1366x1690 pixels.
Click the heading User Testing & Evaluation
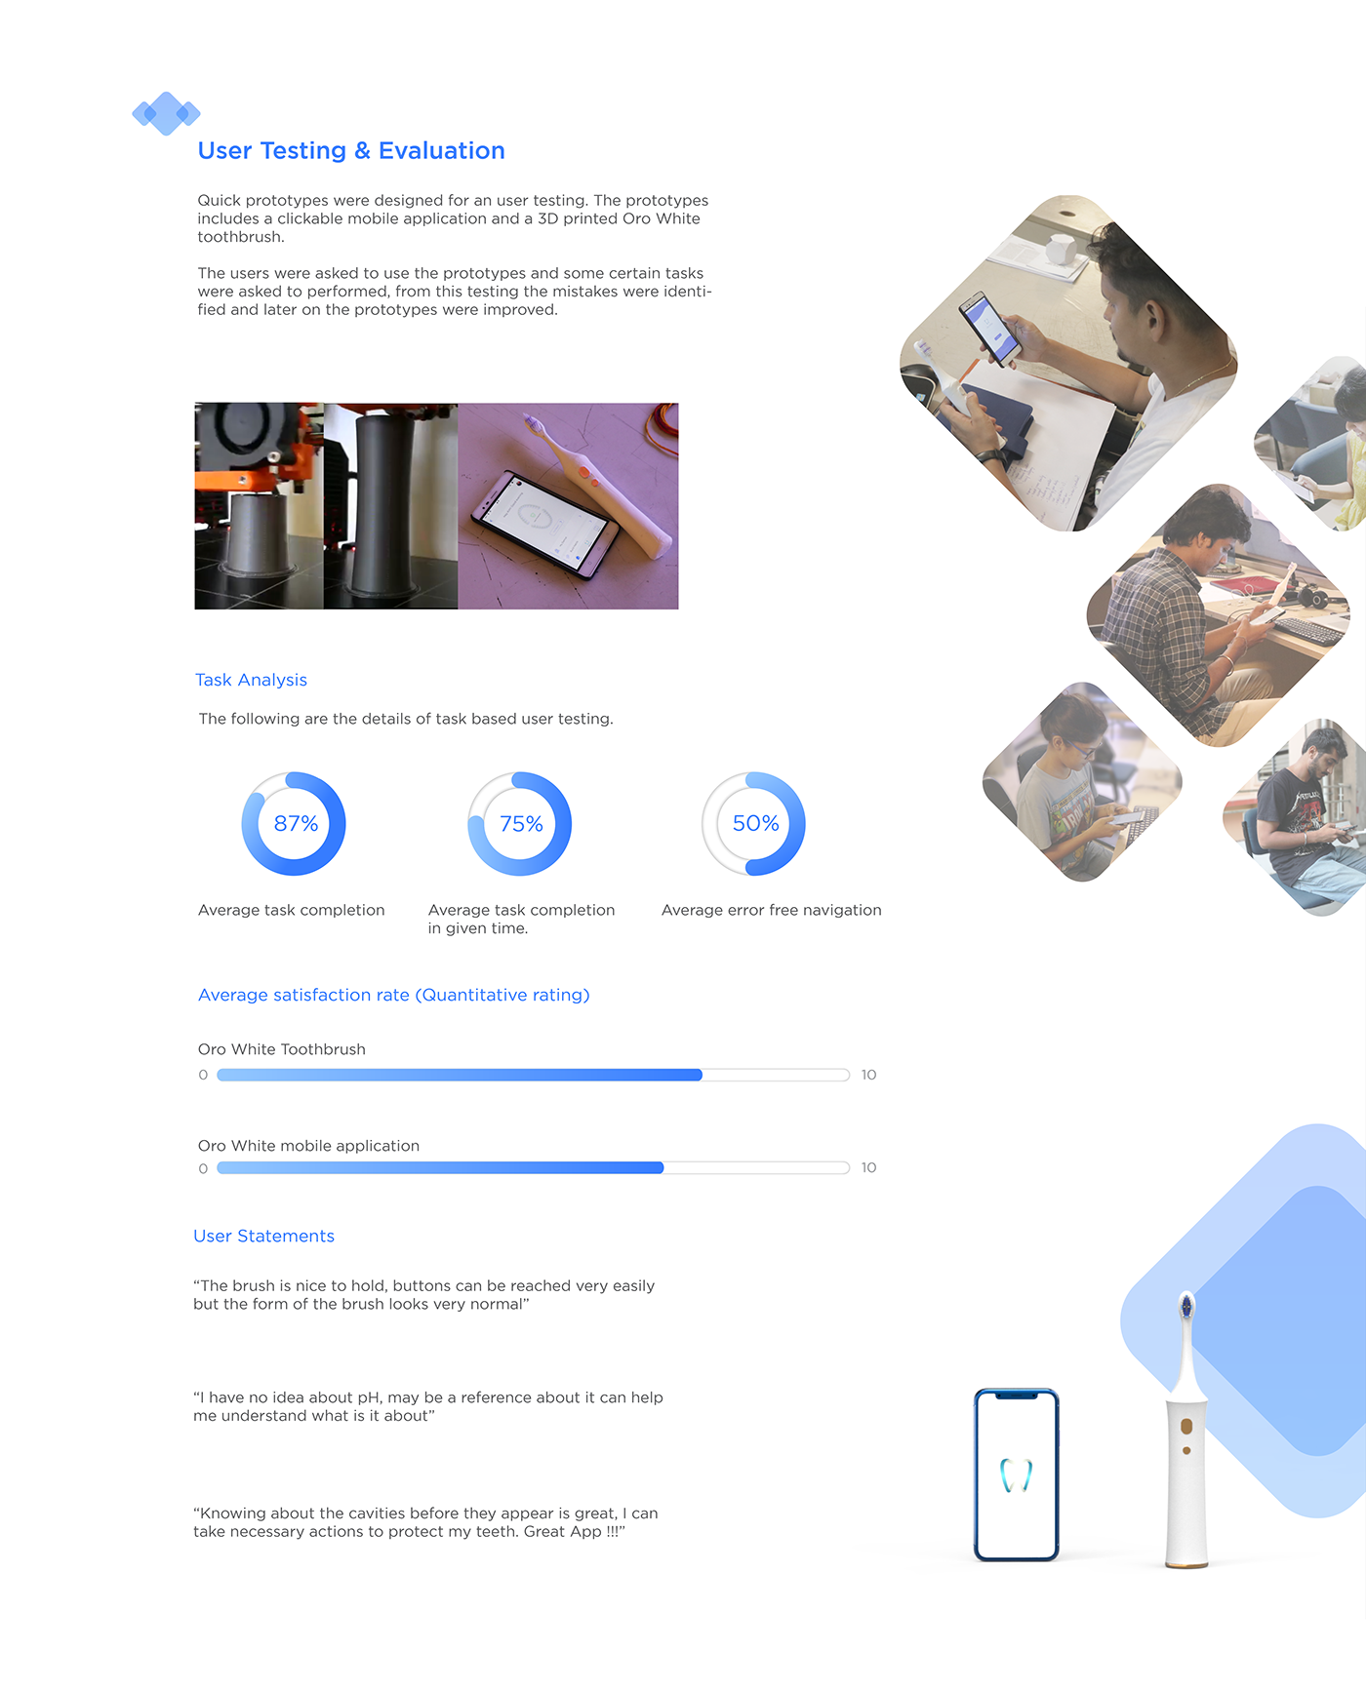point(351,151)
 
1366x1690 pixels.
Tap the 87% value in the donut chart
point(296,824)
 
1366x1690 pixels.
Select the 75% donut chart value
point(521,824)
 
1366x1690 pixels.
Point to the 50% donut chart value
point(755,824)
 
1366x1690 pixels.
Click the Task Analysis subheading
point(251,680)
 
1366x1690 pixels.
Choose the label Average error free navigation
point(771,910)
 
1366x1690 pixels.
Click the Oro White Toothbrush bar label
point(281,1049)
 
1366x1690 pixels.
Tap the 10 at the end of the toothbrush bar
point(868,1075)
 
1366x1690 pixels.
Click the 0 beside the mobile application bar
point(203,1168)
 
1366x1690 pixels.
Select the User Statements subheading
point(263,1236)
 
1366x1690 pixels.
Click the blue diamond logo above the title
point(166,114)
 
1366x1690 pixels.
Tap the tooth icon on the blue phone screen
point(1016,1475)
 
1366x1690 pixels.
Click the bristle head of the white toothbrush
point(1186,1307)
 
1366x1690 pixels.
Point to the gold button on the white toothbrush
point(1186,1427)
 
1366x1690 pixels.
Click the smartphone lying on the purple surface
point(544,524)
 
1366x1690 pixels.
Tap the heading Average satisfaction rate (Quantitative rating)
point(393,995)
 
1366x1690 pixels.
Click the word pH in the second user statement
point(369,1397)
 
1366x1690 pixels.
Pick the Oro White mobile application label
point(308,1146)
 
